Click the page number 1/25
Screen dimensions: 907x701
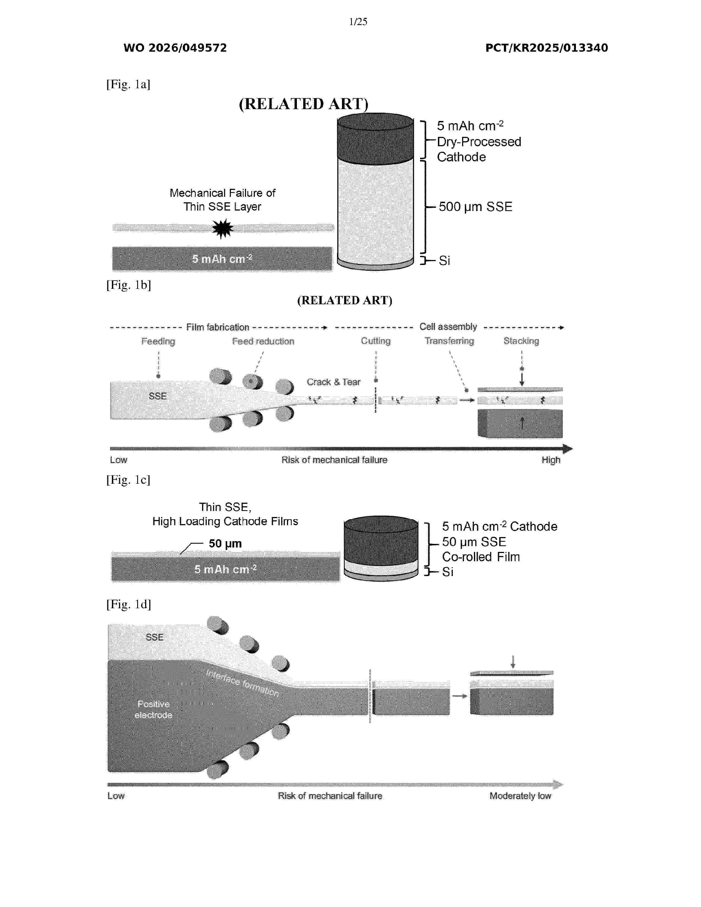coord(358,22)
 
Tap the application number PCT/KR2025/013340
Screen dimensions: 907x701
coord(547,48)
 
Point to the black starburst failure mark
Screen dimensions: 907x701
coord(223,228)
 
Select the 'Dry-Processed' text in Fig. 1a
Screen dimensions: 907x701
coord(479,142)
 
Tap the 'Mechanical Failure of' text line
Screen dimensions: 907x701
coord(223,193)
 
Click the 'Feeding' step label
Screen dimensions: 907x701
coord(158,341)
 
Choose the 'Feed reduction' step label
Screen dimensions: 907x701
coord(263,341)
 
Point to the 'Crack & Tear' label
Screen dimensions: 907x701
coord(333,382)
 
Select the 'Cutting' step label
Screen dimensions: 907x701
coord(376,341)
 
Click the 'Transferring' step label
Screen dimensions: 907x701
coord(449,341)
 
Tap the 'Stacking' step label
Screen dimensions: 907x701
coord(521,341)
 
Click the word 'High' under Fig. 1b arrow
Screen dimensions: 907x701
coord(551,460)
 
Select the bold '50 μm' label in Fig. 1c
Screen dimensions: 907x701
coord(225,544)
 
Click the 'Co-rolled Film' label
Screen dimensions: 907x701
coord(481,557)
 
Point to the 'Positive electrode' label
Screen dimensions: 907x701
coord(153,709)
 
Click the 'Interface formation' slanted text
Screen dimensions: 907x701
coord(242,682)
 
